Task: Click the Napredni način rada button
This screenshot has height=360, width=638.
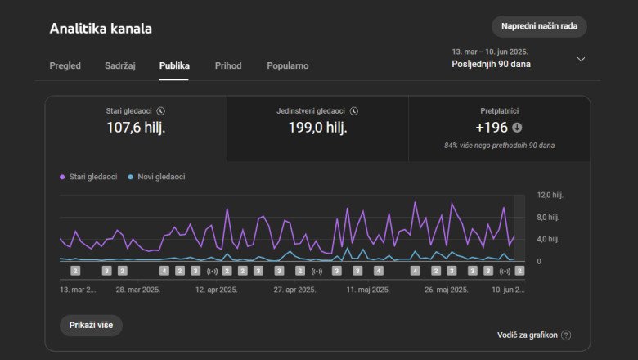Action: coord(539,26)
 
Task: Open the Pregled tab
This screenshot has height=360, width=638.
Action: coord(65,65)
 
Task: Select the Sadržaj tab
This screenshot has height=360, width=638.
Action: coord(119,65)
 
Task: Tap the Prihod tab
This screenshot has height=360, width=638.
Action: coord(228,65)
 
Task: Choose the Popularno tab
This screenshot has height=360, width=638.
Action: coord(288,65)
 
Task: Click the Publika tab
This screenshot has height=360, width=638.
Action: coord(174,65)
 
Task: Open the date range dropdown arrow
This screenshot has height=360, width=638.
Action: coord(581,59)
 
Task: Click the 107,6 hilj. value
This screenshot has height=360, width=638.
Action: coord(136,127)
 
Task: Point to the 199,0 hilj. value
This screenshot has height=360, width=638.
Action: coord(317,127)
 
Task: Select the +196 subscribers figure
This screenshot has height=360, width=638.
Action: coord(492,128)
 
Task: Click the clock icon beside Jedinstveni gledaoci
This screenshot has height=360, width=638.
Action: coord(354,110)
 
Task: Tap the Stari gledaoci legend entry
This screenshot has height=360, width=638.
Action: coord(91,177)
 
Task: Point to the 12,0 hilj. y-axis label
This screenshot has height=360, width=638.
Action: coord(549,196)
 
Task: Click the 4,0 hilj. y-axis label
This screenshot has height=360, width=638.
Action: coord(547,240)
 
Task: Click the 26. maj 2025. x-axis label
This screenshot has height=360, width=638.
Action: coord(447,290)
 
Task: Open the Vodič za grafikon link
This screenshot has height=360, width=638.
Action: coord(528,335)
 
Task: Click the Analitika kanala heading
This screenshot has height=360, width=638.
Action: coord(101,29)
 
